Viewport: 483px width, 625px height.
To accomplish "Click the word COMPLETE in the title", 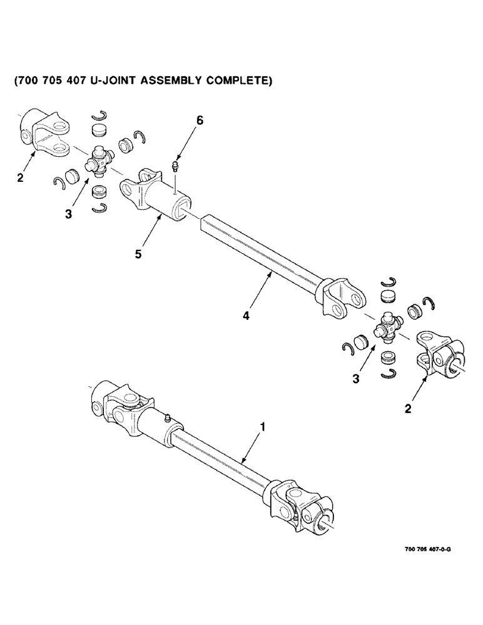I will click(235, 81).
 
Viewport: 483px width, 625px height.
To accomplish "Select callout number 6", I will click(200, 121).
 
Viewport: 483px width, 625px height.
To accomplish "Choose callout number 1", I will click(263, 427).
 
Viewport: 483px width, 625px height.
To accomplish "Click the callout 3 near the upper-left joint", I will click(68, 214).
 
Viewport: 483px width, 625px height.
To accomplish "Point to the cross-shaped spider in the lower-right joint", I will click(387, 328).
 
